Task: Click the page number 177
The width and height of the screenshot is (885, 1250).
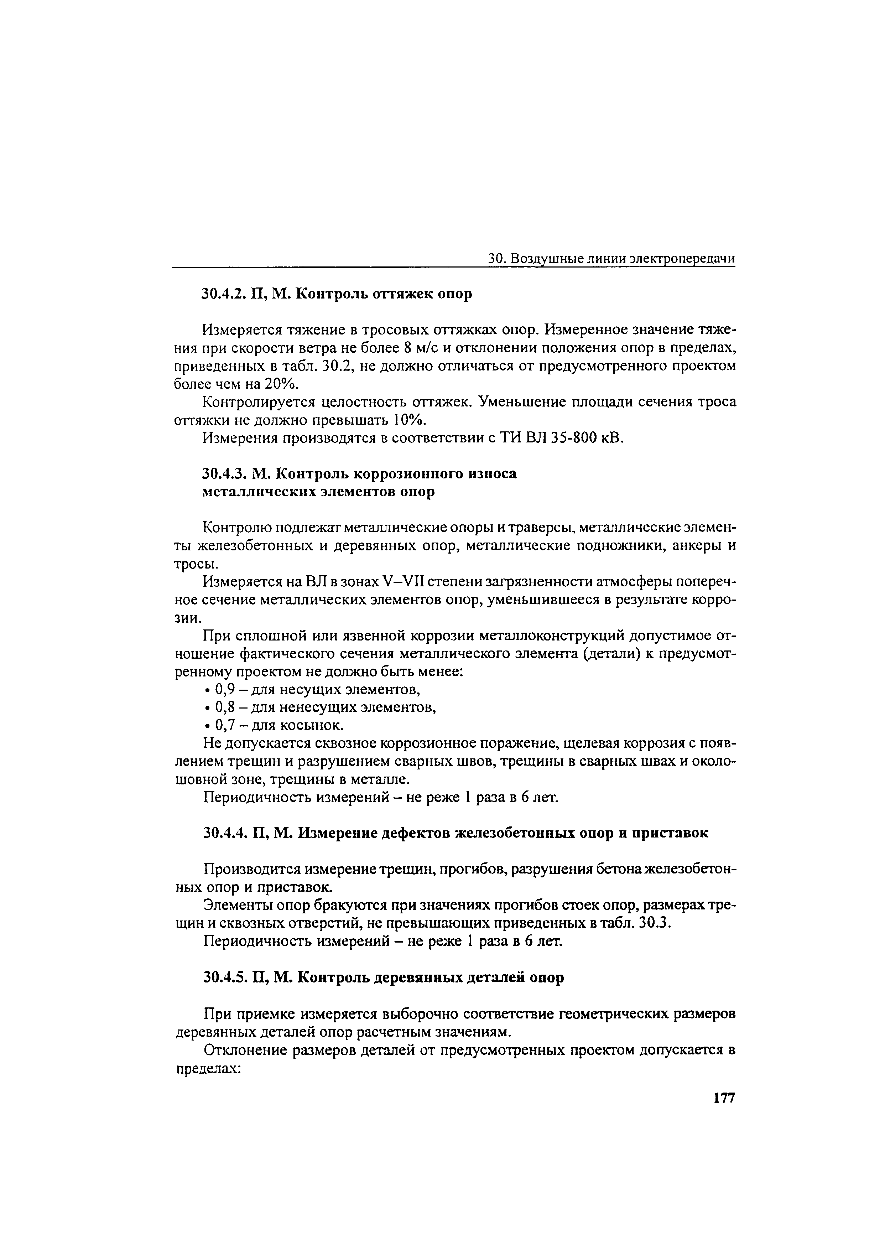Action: (x=724, y=1098)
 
